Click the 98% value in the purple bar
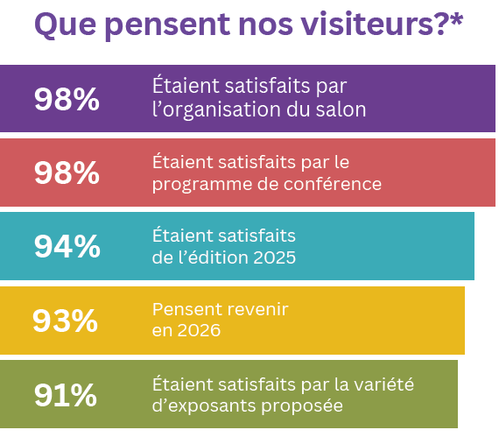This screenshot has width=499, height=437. pyautogui.click(x=67, y=99)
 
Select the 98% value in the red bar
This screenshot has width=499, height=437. pyautogui.click(x=67, y=173)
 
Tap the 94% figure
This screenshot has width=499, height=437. pyautogui.click(x=67, y=246)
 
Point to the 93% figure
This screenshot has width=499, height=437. pyautogui.click(x=65, y=321)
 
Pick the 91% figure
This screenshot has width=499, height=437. pyautogui.click(x=66, y=395)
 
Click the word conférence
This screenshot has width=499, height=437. pyautogui.click(x=336, y=185)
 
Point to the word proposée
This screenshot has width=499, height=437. pyautogui.click(x=305, y=406)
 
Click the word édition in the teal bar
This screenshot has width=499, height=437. pyautogui.click(x=224, y=258)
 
